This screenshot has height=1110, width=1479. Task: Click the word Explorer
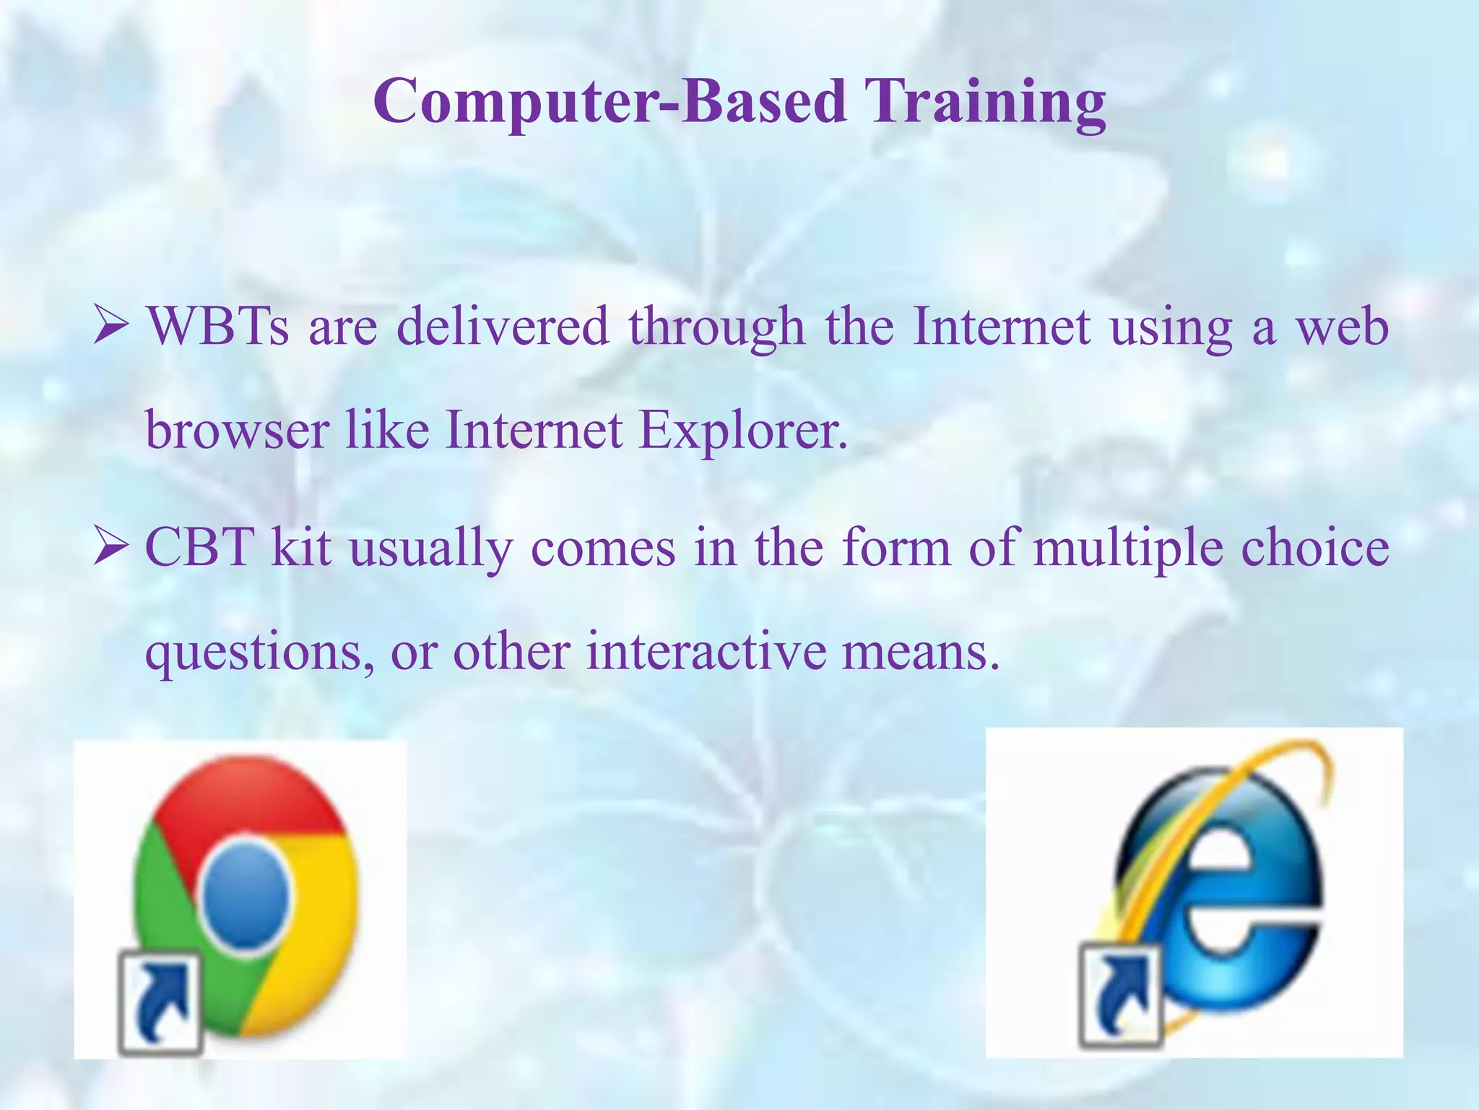(x=742, y=431)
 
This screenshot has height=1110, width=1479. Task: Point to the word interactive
(x=706, y=651)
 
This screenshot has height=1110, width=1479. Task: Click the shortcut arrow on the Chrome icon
(x=160, y=1001)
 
